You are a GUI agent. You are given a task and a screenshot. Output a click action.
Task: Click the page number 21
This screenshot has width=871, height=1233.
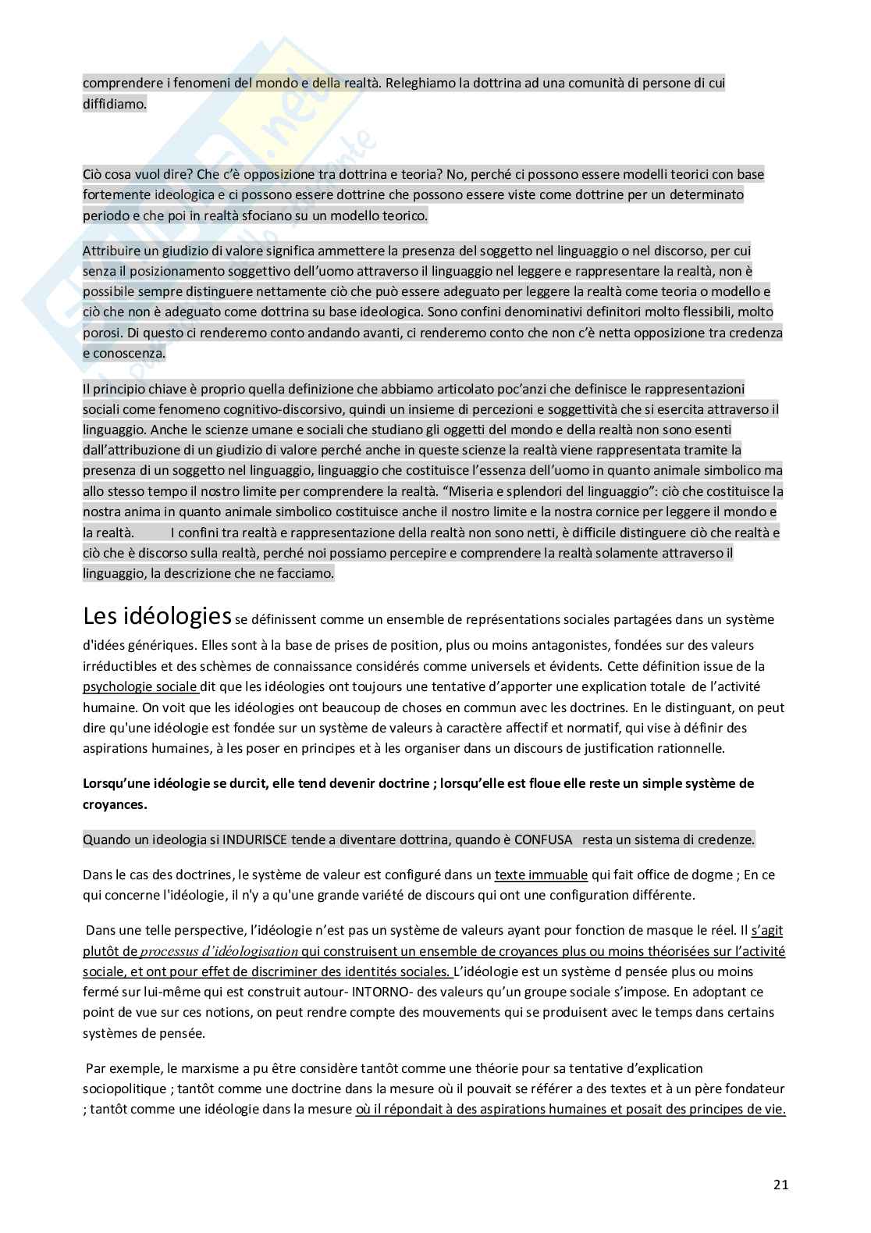coord(781,1185)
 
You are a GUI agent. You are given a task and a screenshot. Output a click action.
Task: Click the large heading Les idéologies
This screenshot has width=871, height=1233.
coord(156,616)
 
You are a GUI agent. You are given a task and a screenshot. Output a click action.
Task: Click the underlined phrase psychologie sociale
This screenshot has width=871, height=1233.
coord(140,687)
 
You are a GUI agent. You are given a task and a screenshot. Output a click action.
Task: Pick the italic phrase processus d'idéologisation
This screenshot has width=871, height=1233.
coord(219,952)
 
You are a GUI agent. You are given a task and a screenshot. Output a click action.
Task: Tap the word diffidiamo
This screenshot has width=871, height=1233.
coord(115,103)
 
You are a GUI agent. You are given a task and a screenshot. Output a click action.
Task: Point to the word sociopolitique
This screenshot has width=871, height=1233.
coord(123,1089)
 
